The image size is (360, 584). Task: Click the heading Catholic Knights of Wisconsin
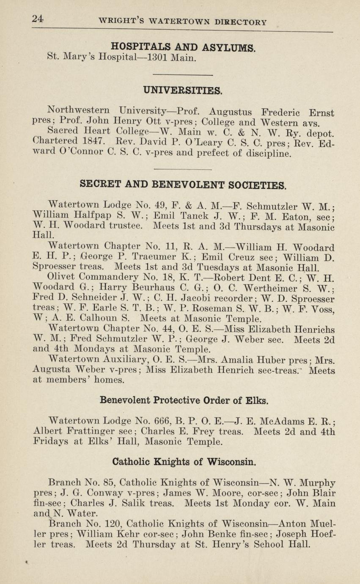point(184,461)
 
